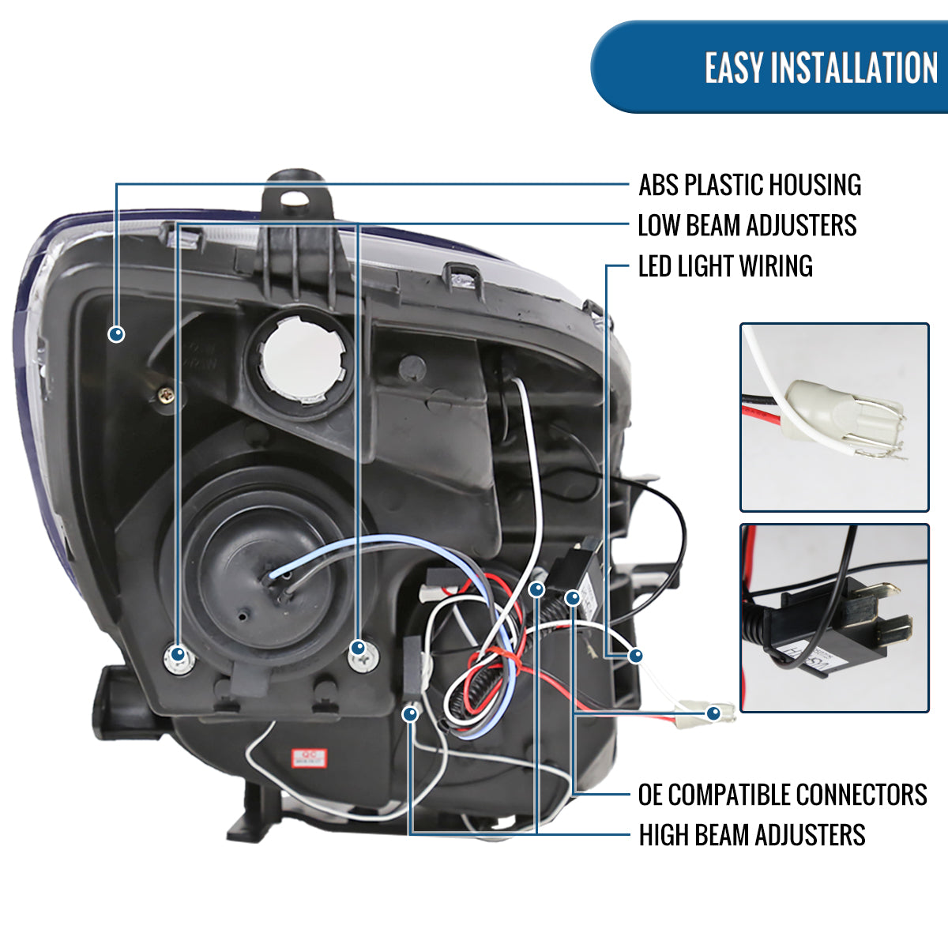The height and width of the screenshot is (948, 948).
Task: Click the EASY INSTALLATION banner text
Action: [x=821, y=68]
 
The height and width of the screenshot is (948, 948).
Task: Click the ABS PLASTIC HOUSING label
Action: [x=750, y=185]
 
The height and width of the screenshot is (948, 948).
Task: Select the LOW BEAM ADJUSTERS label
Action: [x=747, y=225]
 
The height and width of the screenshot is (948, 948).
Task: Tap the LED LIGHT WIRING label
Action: [x=724, y=266]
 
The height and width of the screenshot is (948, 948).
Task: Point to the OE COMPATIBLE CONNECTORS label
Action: [x=782, y=794]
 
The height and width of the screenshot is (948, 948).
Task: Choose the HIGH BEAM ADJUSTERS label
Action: [x=751, y=835]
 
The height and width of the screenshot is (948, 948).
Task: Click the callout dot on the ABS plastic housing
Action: [x=116, y=334]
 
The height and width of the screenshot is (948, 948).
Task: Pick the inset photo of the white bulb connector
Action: [x=834, y=417]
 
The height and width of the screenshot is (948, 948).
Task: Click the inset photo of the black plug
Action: [x=834, y=618]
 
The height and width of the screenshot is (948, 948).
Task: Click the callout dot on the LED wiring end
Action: [x=635, y=656]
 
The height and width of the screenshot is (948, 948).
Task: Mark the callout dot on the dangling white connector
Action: [x=714, y=713]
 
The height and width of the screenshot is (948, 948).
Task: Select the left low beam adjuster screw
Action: [x=179, y=655]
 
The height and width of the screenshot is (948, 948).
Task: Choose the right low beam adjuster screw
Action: [x=359, y=649]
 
